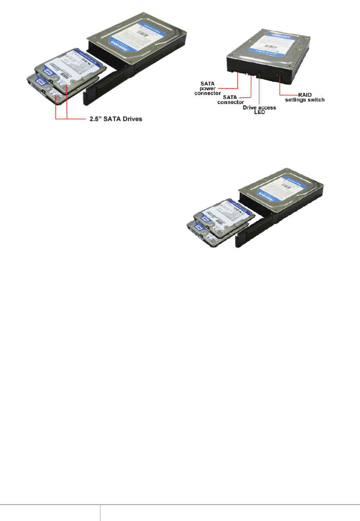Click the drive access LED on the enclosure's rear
tap(260, 75)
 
